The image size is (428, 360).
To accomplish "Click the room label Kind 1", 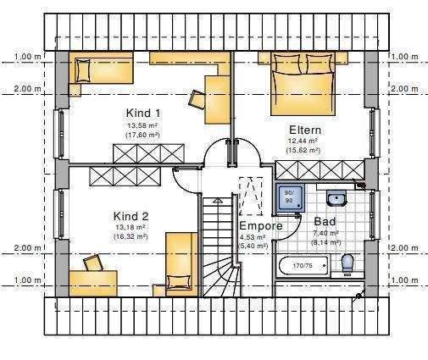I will tap(144, 113).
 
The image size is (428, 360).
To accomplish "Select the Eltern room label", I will tap(304, 130).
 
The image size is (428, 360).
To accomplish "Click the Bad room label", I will tap(325, 221).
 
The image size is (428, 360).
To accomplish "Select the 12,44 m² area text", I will tap(303, 141).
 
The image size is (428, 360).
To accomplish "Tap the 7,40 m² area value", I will tap(325, 233).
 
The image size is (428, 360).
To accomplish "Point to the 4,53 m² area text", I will tap(253, 237).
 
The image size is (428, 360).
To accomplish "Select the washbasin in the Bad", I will tap(336, 199).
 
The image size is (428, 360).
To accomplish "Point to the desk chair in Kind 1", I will tap(197, 98).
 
